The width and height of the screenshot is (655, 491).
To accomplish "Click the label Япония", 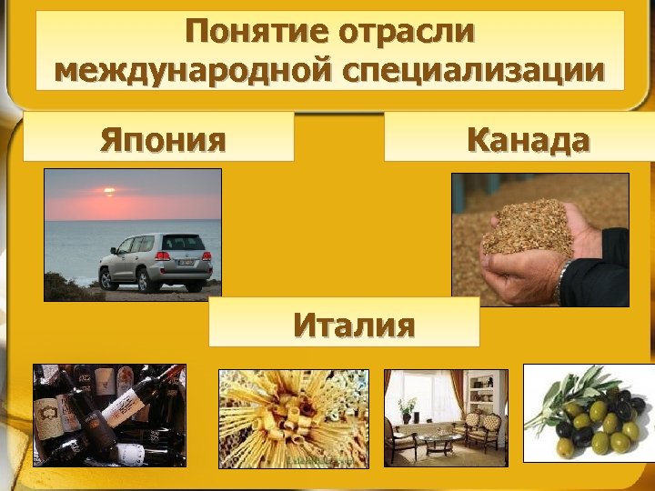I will click(163, 140).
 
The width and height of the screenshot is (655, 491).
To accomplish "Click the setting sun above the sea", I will click(109, 192).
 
